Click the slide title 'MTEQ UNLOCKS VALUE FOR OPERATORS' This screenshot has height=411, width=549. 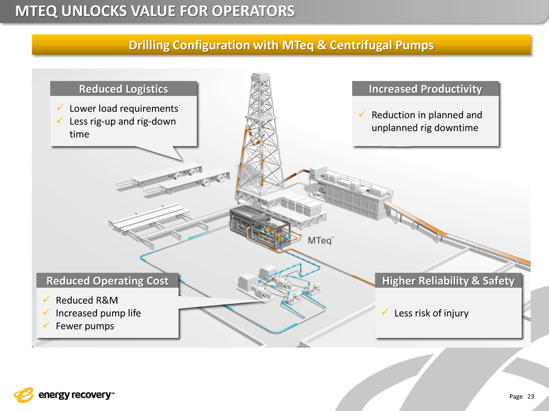click(155, 11)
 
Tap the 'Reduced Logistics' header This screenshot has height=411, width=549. click(123, 89)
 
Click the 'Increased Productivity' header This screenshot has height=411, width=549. click(426, 89)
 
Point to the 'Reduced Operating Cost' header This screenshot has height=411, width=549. click(107, 281)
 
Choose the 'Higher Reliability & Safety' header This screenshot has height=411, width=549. click(448, 281)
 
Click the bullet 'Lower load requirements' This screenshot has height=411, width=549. click(123, 108)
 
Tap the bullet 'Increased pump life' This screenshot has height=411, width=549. click(98, 313)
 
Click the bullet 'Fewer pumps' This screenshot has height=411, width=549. click(85, 326)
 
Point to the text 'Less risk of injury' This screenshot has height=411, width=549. click(431, 314)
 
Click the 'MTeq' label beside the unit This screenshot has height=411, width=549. click(319, 241)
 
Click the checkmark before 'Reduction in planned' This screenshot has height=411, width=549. click(362, 115)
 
